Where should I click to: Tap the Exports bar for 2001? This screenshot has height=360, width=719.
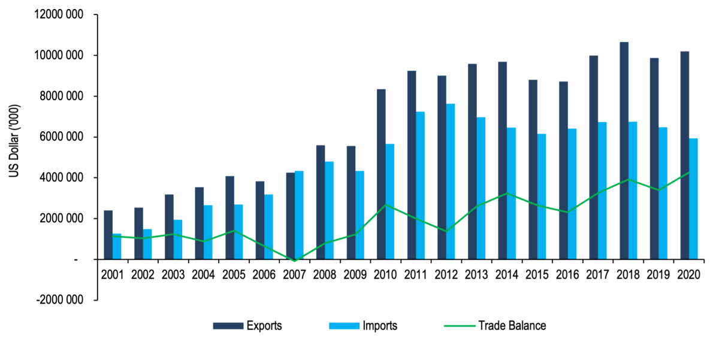108,235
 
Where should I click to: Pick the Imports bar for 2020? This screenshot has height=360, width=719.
693,198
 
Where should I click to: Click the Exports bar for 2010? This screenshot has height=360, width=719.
381,174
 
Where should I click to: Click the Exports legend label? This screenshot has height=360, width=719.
264,326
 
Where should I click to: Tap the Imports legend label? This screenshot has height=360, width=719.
379,326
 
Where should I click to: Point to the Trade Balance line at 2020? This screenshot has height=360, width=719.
689,173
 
